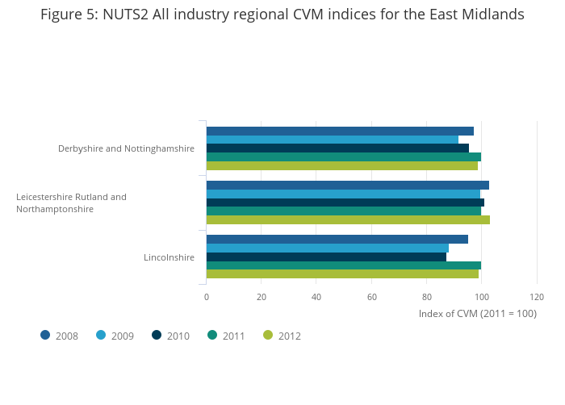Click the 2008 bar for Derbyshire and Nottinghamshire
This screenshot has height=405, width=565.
pyautogui.click(x=340, y=131)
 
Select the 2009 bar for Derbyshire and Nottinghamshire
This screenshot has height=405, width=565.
pyautogui.click(x=332, y=140)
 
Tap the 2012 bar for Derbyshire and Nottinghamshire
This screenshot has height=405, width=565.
pyautogui.click(x=341, y=166)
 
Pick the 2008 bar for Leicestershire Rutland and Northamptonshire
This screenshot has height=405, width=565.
pyautogui.click(x=347, y=185)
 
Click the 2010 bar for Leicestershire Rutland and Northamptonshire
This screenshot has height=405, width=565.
pyautogui.click(x=345, y=202)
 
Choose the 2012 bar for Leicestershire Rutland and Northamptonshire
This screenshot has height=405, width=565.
pyautogui.click(x=348, y=219)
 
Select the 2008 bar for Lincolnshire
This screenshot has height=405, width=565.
pyautogui.click(x=337, y=239)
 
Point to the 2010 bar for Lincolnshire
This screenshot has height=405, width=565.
pyautogui.click(x=326, y=257)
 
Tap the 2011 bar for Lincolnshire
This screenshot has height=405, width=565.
pyautogui.click(x=343, y=265)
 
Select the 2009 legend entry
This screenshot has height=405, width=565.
pyautogui.click(x=115, y=336)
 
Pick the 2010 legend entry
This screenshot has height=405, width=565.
pyautogui.click(x=170, y=336)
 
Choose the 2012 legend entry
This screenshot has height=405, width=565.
pyautogui.click(x=282, y=336)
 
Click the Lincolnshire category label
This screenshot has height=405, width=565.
pyautogui.click(x=169, y=257)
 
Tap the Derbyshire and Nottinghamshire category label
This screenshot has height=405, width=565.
pyautogui.click(x=126, y=148)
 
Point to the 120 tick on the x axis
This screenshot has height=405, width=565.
pyautogui.click(x=537, y=297)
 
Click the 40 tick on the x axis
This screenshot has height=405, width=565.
pyautogui.click(x=316, y=297)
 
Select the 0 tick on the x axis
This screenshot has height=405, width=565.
pyautogui.click(x=207, y=297)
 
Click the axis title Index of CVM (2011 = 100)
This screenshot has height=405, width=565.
pyautogui.click(x=477, y=313)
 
